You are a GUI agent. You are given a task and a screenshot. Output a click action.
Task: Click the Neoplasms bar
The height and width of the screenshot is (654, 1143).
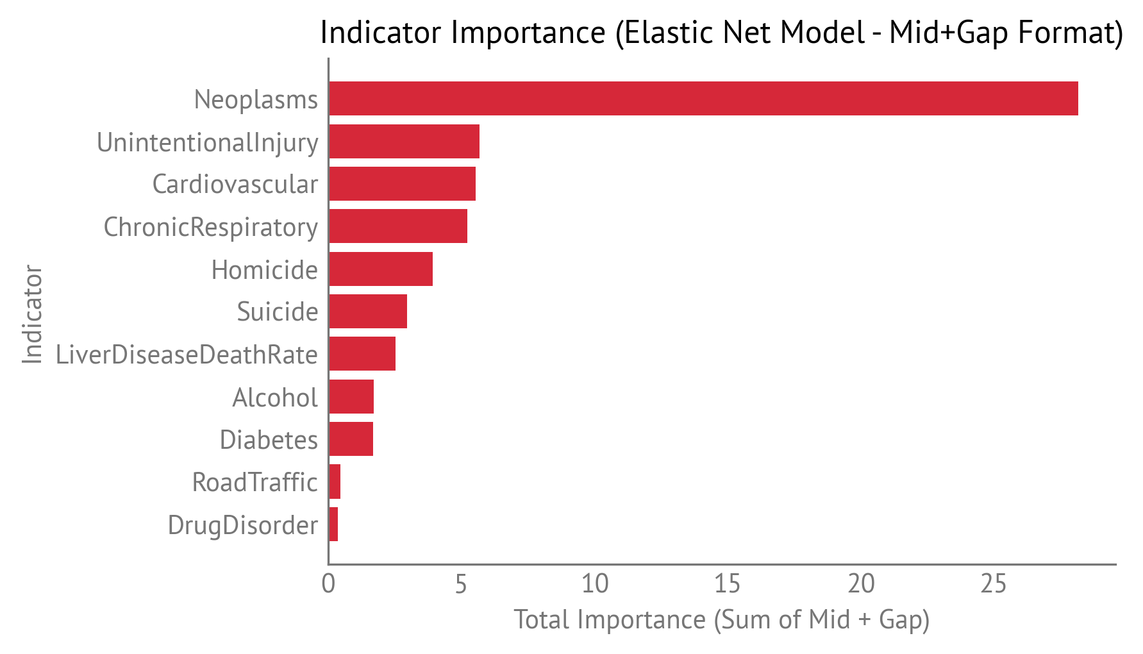703,99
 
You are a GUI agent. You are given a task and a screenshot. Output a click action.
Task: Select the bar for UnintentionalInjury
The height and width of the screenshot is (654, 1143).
404,142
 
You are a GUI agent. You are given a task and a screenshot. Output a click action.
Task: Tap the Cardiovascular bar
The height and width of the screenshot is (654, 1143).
402,184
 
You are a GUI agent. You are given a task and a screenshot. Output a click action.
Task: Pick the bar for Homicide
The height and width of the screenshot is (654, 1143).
381,269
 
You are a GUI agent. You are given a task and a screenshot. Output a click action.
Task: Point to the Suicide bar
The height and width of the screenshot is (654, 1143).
368,312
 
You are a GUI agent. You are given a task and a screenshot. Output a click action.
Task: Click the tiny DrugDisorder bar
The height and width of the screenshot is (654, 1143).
333,524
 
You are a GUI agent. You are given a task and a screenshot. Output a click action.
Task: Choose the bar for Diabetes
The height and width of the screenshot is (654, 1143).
351,439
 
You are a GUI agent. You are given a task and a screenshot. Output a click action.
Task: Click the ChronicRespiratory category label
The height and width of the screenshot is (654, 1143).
210,228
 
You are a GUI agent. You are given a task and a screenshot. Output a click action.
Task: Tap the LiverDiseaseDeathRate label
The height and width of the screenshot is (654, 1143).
187,355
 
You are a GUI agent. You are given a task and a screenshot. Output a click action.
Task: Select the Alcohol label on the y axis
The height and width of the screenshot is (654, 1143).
274,398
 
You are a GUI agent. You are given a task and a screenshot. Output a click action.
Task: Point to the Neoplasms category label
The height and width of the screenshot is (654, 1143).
256,100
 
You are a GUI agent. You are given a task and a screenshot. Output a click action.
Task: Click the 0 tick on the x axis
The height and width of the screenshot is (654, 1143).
328,584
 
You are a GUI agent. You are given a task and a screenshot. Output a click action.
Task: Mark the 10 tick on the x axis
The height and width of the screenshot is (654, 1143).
595,584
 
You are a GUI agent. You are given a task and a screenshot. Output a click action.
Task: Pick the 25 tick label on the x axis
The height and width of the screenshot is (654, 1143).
994,584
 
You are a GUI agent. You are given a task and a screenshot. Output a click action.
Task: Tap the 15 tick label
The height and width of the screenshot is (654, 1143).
728,584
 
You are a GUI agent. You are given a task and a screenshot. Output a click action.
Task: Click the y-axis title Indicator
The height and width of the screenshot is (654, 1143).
32,314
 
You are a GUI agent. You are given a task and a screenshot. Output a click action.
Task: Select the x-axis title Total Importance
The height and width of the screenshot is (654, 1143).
721,620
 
